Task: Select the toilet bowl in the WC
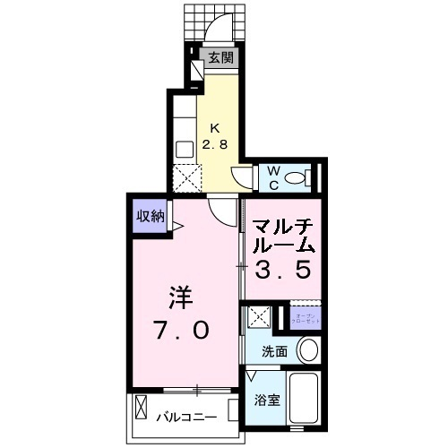tap(298, 177)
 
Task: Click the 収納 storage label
tap(150, 215)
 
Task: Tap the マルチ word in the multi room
tap(281, 225)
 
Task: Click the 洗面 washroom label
tap(275, 351)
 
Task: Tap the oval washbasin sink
tap(307, 350)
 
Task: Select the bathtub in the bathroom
tap(306, 400)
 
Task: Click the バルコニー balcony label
tap(188, 416)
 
